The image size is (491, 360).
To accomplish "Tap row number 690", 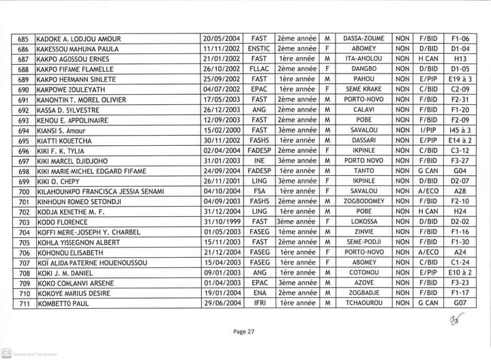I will [x=24, y=89].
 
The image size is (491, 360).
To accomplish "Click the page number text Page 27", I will [x=243, y=331].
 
